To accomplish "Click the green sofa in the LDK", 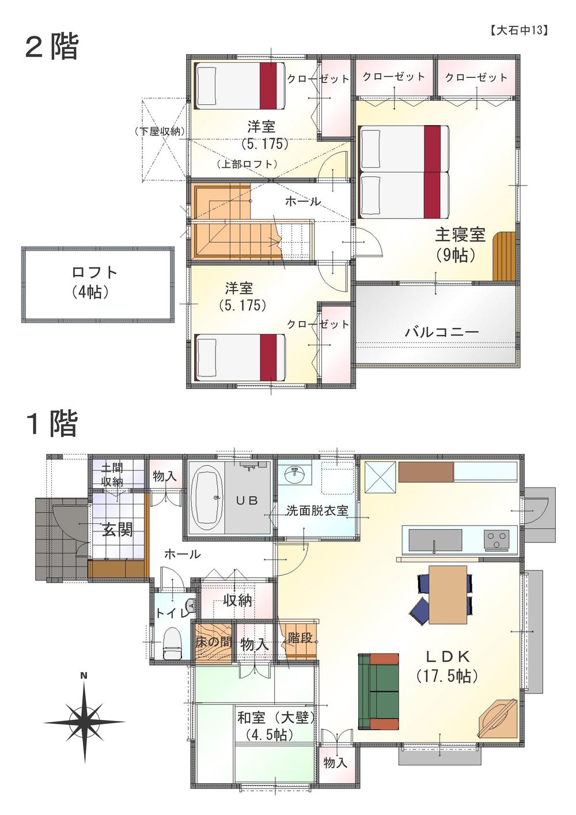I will pyautogui.click(x=378, y=691).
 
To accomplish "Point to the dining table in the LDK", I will pyautogui.click(x=448, y=594).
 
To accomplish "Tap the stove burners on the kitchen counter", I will pyautogui.click(x=495, y=541).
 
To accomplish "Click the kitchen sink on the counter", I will pyautogui.click(x=435, y=541).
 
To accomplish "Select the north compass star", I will pyautogui.click(x=84, y=721).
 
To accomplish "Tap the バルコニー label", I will pyautogui.click(x=442, y=333).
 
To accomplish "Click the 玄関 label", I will pyautogui.click(x=117, y=529).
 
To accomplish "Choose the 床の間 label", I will pyautogui.click(x=213, y=641).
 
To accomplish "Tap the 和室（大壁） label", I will pyautogui.click(x=276, y=718).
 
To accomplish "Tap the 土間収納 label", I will pyautogui.click(x=112, y=474).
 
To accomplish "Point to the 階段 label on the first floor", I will pyautogui.click(x=300, y=637).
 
